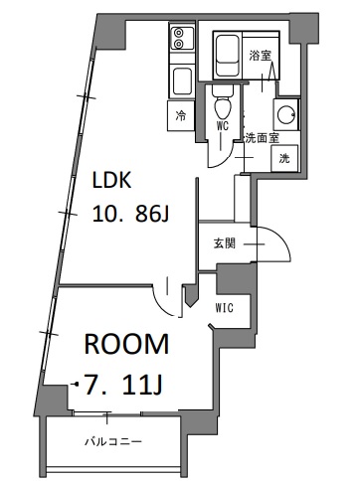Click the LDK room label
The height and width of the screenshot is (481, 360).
pos(113,182)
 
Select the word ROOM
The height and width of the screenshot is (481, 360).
pos(125,346)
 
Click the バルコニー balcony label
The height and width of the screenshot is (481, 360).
pos(110,440)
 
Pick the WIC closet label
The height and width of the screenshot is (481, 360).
pos(225,308)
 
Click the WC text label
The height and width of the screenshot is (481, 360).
pos(223,126)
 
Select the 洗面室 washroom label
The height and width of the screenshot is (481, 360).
pos(260,139)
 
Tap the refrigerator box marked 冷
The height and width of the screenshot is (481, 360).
pos(181,116)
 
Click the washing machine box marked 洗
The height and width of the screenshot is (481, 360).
pos(284,158)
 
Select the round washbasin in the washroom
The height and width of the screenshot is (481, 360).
pos(284,114)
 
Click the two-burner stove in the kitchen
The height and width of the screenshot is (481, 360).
pos(180,41)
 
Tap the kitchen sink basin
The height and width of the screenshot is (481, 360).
pos(181,80)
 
